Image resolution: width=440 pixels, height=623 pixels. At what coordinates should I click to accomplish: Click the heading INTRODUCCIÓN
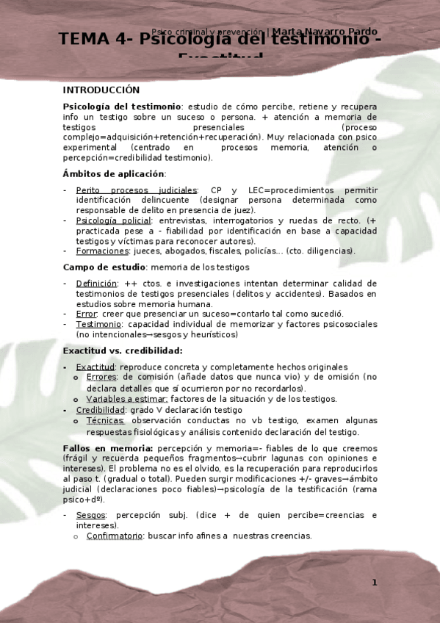tap(101, 90)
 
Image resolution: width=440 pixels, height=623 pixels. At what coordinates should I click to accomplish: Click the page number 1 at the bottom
tap(374, 583)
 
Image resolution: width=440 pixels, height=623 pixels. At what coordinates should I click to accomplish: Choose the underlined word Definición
tap(96, 284)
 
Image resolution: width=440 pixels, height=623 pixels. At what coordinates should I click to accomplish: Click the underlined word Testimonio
tap(99, 324)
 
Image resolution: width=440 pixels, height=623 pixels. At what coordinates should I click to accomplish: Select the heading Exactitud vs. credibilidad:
tap(123, 351)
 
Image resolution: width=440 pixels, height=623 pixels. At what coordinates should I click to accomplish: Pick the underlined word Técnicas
tap(105, 421)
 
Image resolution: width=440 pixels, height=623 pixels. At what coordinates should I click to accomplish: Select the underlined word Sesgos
tap(91, 516)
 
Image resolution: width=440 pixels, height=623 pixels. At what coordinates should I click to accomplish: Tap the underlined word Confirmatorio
tap(115, 536)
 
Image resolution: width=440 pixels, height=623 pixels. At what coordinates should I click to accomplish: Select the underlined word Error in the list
tap(87, 314)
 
